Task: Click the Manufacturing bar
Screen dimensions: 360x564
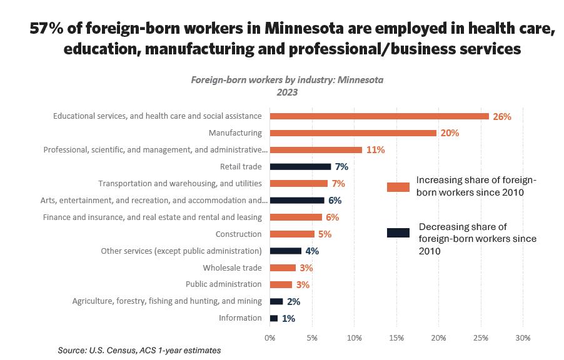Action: pyautogui.click(x=353, y=133)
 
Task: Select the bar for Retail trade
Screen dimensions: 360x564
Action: pyautogui.click(x=300, y=167)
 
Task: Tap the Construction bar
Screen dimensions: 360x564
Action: pyautogui.click(x=292, y=234)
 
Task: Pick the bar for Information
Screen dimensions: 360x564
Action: pyautogui.click(x=274, y=318)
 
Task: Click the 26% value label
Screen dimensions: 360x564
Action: pyautogui.click(x=502, y=116)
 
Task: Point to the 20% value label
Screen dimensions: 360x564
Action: pyautogui.click(x=450, y=133)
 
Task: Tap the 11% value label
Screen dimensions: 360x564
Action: pyautogui.click(x=375, y=150)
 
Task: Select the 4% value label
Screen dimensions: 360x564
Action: pyautogui.click(x=312, y=251)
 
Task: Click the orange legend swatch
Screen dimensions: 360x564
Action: pyautogui.click(x=398, y=187)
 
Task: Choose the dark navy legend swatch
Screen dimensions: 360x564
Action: pyautogui.click(x=398, y=232)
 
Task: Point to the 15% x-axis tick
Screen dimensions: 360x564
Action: pyautogui.click(x=396, y=337)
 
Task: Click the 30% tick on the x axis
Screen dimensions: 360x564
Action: pyautogui.click(x=523, y=337)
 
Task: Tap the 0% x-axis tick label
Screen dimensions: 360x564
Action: pyautogui.click(x=270, y=337)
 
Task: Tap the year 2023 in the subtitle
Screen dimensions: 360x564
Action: pyautogui.click(x=287, y=92)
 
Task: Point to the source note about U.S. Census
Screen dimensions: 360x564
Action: pyautogui.click(x=139, y=351)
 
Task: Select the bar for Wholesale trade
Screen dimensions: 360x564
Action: pyautogui.click(x=283, y=267)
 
